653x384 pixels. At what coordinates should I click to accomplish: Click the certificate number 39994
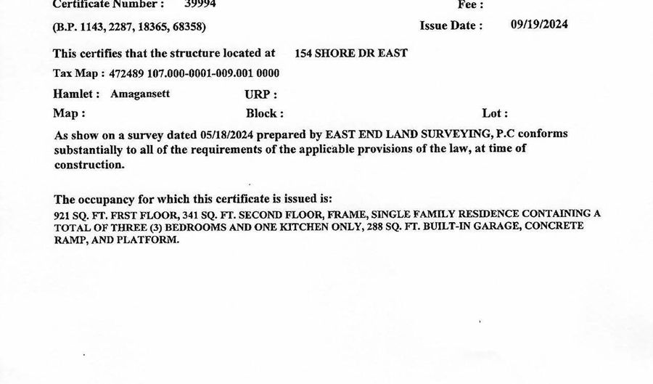click(x=200, y=4)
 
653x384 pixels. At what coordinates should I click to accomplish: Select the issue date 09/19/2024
click(x=539, y=24)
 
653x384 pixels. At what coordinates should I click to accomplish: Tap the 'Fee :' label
click(x=471, y=4)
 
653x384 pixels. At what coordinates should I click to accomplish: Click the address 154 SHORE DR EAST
click(x=351, y=53)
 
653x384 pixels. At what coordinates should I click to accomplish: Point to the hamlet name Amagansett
click(x=140, y=94)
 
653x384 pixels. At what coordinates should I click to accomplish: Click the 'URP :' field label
click(x=261, y=94)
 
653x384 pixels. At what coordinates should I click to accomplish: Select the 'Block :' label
click(x=265, y=113)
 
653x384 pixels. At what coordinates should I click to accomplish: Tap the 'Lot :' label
click(x=495, y=113)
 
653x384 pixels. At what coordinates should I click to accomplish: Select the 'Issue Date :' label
click(x=451, y=25)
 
